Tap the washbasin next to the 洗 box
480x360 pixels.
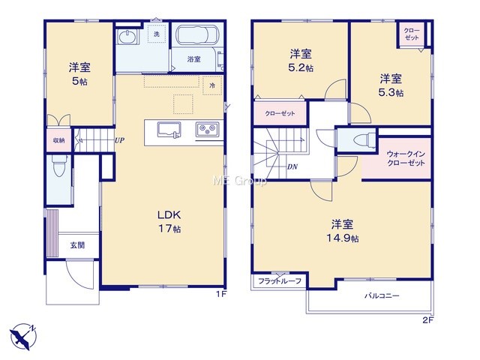[x=127, y=37]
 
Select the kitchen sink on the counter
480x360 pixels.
[x=169, y=130]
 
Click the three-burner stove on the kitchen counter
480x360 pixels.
[x=208, y=129]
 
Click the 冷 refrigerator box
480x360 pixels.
[x=212, y=85]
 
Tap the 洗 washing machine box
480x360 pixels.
[x=157, y=33]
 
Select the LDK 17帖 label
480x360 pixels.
[x=169, y=221]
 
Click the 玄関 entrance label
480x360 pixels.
[x=77, y=245]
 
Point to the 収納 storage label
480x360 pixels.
[x=58, y=140]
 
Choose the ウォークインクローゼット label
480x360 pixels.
[x=406, y=158]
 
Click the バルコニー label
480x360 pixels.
[x=382, y=295]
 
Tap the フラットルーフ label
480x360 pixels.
[x=280, y=280]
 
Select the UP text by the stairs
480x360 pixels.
[x=119, y=140]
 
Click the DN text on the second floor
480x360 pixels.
[x=292, y=166]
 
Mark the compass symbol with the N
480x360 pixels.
[x=23, y=336]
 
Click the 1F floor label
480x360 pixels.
[x=221, y=294]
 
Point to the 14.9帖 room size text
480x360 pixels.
[x=342, y=238]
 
